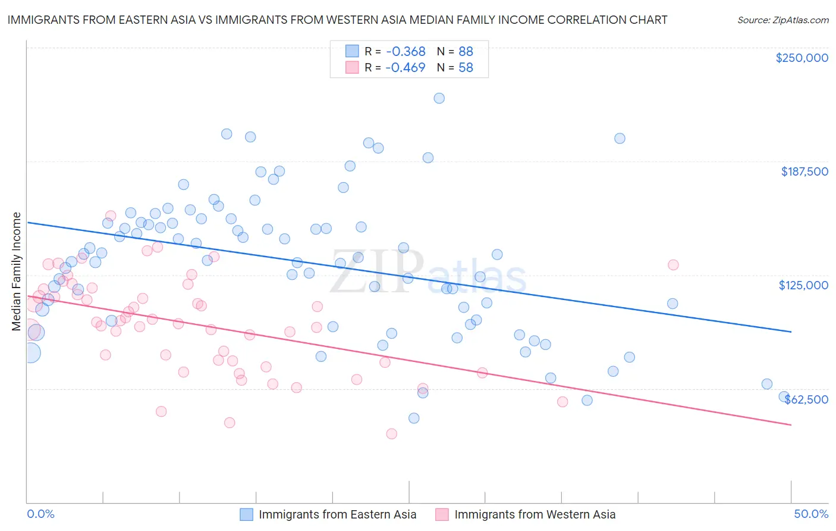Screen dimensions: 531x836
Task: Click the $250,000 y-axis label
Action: pos(802,58)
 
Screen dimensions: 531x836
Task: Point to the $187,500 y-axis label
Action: pos(804,171)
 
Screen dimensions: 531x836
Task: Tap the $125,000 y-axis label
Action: pos(803,285)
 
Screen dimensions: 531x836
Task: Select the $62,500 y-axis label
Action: pos(806,399)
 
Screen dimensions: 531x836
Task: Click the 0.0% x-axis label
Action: pos(40,514)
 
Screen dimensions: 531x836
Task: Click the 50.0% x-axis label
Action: pos(811,514)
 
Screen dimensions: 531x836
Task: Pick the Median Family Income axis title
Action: pos(16,271)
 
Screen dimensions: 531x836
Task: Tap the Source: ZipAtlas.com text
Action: pos(782,20)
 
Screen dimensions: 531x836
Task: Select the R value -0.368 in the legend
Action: pos(405,51)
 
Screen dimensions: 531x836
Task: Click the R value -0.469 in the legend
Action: pos(405,67)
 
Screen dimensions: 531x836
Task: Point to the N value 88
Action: pos(466,51)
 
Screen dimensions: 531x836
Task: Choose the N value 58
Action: pos(466,67)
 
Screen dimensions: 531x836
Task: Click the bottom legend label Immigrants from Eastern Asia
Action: pos(337,514)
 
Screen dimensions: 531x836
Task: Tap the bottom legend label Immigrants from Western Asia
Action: pos(535,514)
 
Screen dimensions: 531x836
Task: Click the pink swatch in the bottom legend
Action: pos(442,514)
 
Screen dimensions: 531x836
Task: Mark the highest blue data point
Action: pos(439,98)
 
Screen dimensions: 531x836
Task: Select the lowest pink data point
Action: pos(391,434)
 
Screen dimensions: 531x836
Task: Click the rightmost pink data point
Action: pos(673,265)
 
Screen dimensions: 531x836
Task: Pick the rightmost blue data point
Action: pos(784,397)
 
